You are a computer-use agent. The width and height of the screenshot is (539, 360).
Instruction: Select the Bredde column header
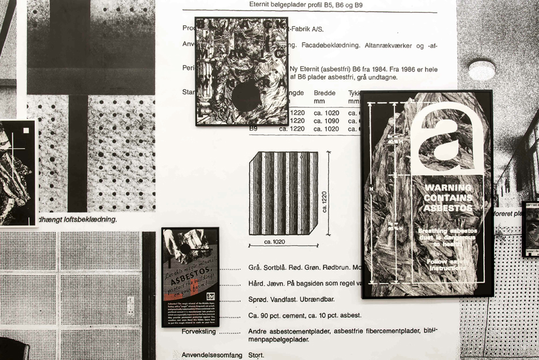[324, 93]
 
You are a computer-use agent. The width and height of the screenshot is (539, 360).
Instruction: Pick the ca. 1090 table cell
[327, 121]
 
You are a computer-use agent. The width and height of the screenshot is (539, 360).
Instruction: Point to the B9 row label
[253, 129]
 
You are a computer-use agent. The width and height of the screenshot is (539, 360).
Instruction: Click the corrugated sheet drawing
[283, 193]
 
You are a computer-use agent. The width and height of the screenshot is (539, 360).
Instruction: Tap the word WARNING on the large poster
[448, 187]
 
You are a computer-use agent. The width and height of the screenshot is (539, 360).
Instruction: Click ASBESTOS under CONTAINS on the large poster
[448, 208]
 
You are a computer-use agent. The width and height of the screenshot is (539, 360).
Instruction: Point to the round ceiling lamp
[482, 70]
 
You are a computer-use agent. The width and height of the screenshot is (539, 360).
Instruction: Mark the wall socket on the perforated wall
[131, 306]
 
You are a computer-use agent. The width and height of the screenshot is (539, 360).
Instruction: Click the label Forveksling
[198, 332]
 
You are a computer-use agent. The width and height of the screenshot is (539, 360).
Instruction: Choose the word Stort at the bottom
[256, 355]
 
